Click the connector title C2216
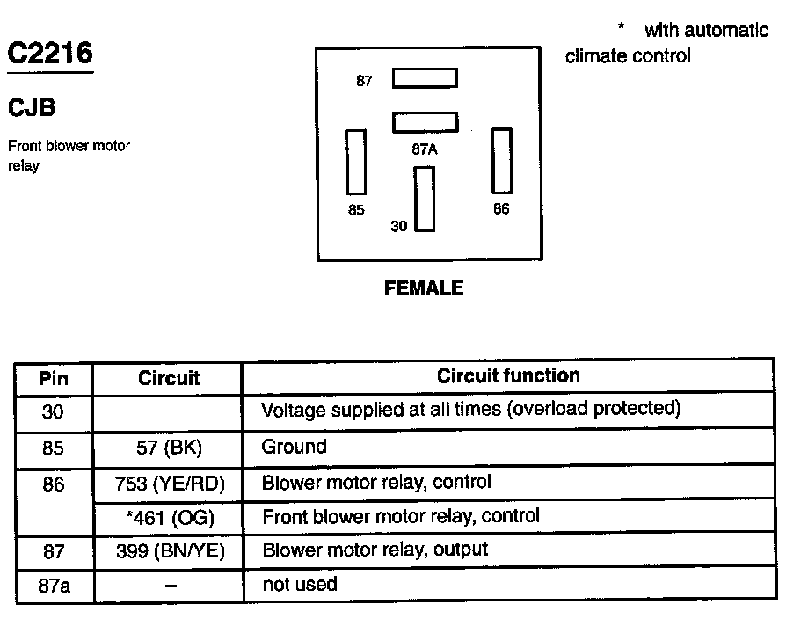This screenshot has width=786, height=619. [x=50, y=54]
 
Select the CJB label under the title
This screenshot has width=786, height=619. [x=33, y=108]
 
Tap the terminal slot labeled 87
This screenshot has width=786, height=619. [x=425, y=78]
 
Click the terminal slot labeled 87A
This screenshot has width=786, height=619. [x=425, y=121]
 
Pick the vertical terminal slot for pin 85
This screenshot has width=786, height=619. [x=356, y=162]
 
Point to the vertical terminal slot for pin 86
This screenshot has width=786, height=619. [x=501, y=160]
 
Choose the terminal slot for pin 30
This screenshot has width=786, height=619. [x=425, y=198]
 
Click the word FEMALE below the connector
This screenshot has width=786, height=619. [x=424, y=288]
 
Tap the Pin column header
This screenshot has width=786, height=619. [x=54, y=379]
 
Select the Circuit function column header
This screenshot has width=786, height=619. [x=508, y=376]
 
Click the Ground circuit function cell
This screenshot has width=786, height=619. [x=294, y=447]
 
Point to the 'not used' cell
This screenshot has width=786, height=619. [x=299, y=584]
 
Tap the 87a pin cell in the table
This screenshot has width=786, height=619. [x=54, y=585]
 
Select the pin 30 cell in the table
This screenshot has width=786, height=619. [x=54, y=411]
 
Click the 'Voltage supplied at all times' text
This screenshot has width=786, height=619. [x=471, y=410]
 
